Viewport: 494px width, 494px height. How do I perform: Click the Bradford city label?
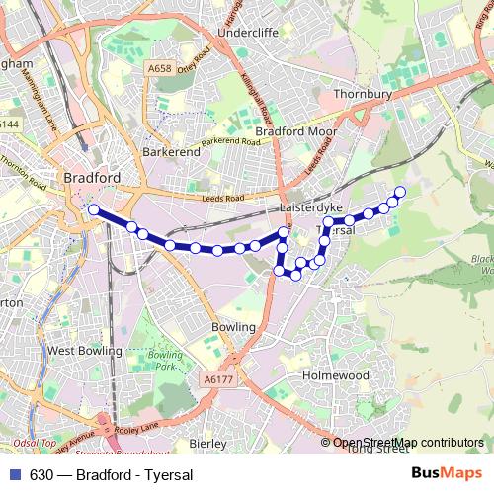tap(91, 178)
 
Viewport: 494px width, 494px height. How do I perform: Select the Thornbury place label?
tap(366, 94)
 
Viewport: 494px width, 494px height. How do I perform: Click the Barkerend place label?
tap(167, 152)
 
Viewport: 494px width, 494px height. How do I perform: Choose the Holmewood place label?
tap(335, 375)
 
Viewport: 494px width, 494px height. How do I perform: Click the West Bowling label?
tap(84, 350)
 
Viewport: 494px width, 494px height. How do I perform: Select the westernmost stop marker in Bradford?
tap(94, 209)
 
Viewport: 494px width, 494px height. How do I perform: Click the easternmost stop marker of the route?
tap(400, 192)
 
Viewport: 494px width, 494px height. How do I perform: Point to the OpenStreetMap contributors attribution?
tap(407, 443)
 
